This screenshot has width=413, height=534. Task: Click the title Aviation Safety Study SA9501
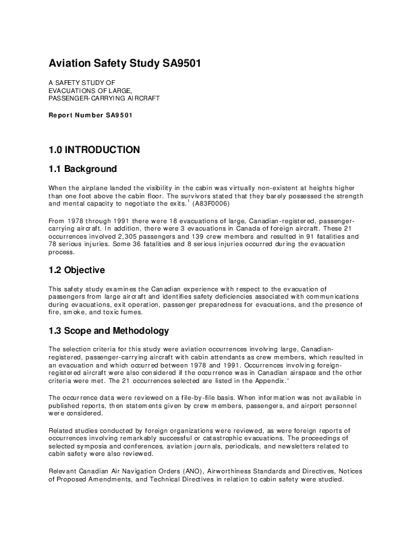(124, 64)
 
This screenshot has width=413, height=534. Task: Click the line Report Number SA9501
(90, 115)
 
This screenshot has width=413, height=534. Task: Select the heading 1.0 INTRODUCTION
(94, 150)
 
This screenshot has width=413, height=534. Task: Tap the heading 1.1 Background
(82, 169)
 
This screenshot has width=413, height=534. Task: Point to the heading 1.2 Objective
(76, 270)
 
